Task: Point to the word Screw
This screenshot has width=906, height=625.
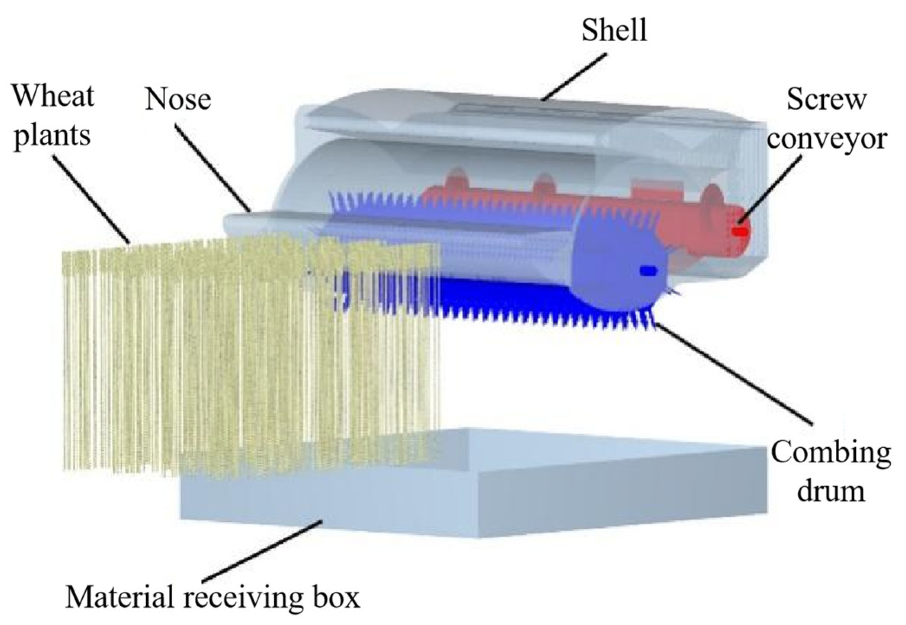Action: point(826,100)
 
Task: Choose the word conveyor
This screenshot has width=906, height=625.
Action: point(826,138)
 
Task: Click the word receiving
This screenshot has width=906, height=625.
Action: point(243,598)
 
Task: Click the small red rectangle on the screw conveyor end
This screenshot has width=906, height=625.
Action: point(740,232)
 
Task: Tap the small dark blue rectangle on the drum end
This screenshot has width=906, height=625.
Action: point(647,270)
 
